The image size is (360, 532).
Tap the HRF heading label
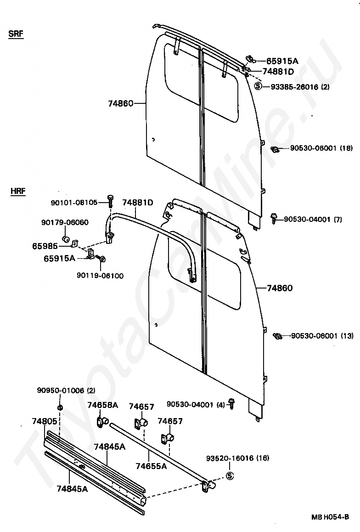[x=17, y=191]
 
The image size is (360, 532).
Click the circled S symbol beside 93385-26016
[x=258, y=86]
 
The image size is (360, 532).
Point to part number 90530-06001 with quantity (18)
[x=315, y=148]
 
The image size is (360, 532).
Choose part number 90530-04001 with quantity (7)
[x=307, y=219]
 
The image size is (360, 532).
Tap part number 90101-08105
[x=74, y=202]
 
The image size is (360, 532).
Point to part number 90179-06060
[x=65, y=222]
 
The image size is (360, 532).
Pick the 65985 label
[x=45, y=246]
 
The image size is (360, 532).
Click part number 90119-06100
[x=100, y=275]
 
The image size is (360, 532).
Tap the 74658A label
[x=103, y=405]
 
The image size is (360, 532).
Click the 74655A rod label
[x=151, y=466]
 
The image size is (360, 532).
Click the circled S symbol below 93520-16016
[x=230, y=476]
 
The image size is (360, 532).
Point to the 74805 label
[x=45, y=421]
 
